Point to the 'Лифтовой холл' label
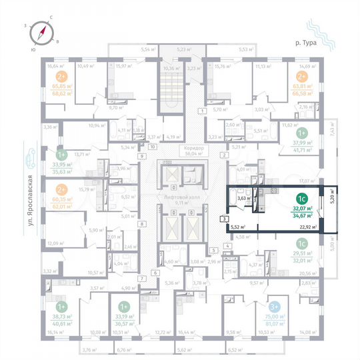(x=178, y=198)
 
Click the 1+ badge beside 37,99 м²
(x=301, y=132)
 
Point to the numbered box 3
(x=225, y=219)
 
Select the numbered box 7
(x=141, y=277)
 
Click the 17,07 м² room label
(x=307, y=181)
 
